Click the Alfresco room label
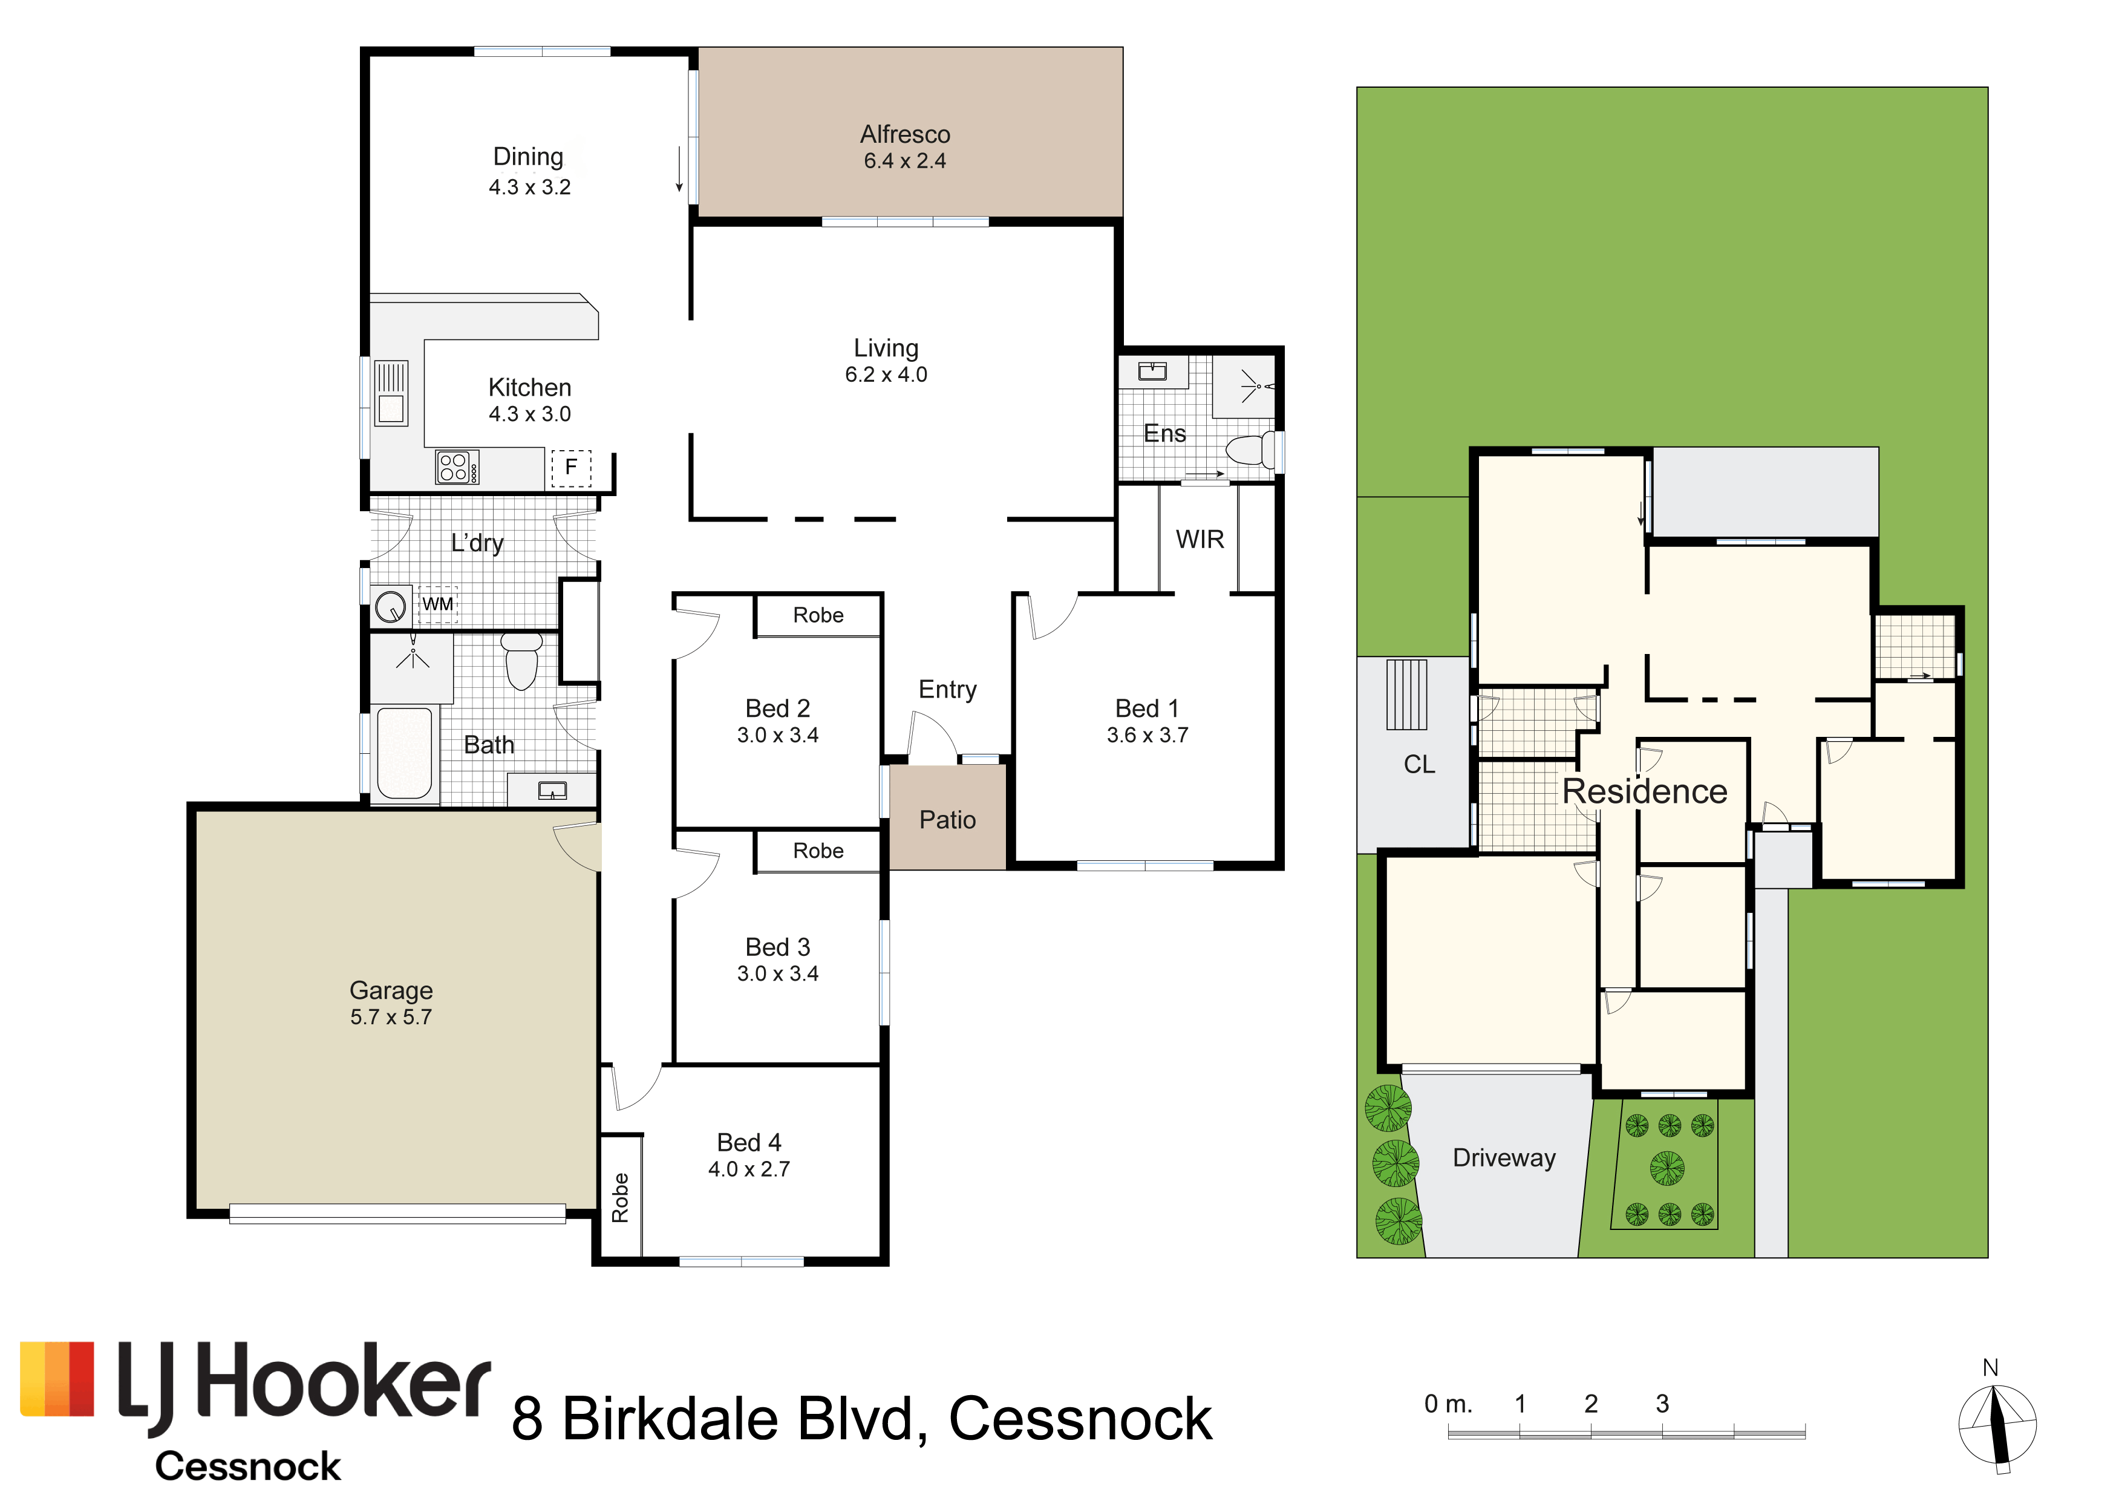click(x=905, y=135)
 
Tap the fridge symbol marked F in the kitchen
click(x=571, y=468)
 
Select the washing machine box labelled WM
click(x=438, y=604)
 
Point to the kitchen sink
click(x=391, y=393)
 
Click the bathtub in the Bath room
click(x=405, y=753)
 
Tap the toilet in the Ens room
click(x=1250, y=450)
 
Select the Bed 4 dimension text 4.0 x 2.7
click(x=749, y=1169)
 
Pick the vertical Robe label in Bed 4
click(x=620, y=1198)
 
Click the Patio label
click(x=947, y=820)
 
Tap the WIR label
click(x=1200, y=539)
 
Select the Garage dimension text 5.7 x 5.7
click(x=391, y=1016)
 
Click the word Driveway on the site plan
click(x=1504, y=1158)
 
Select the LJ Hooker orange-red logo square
click(x=57, y=1379)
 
